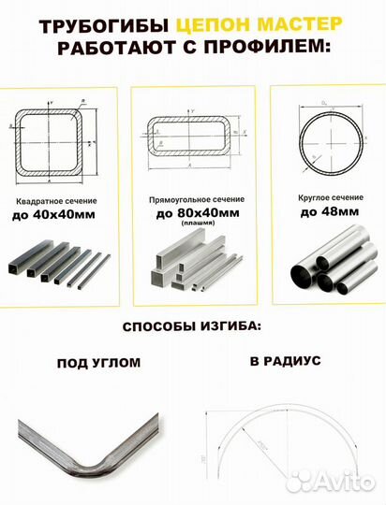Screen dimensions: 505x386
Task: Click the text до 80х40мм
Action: click(x=194, y=214)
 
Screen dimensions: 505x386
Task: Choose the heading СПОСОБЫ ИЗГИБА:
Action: click(x=192, y=329)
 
